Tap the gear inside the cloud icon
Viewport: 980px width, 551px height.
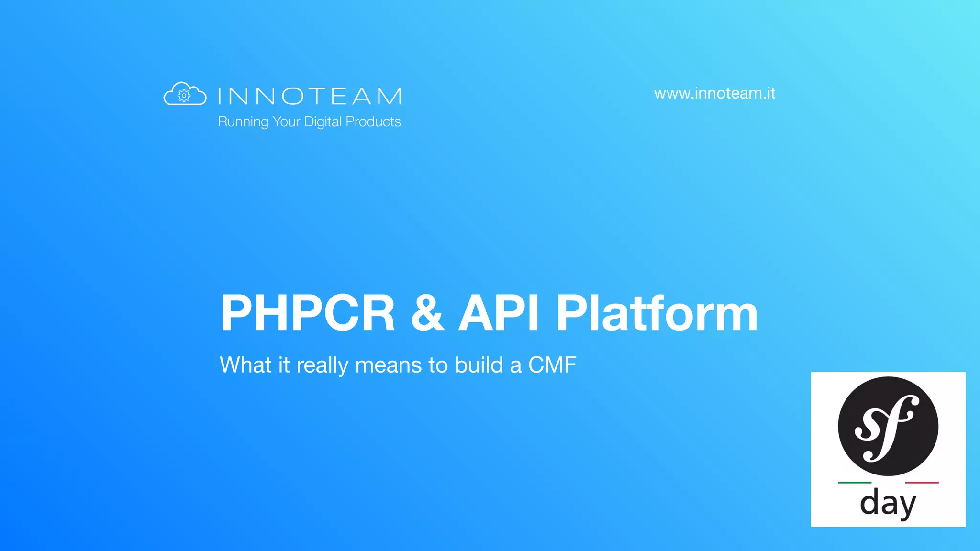tap(184, 96)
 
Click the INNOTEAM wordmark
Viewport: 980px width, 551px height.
tap(310, 96)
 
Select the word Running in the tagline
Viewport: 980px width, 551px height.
tap(243, 122)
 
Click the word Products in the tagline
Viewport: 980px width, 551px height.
tap(373, 121)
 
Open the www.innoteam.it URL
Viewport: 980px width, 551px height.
tap(714, 93)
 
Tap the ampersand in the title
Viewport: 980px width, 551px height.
tap(427, 313)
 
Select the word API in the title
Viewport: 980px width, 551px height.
tap(499, 313)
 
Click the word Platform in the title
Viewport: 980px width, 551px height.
tap(657, 313)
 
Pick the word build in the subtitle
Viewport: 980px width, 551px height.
tap(479, 365)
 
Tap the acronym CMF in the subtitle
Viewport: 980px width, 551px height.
tap(552, 365)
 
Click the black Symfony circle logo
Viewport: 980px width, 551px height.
tap(888, 426)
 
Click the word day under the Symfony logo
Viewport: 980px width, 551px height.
tap(888, 503)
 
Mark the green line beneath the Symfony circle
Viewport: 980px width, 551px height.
tap(855, 483)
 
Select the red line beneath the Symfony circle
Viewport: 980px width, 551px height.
tap(922, 483)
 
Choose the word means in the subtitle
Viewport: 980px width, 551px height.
tap(389, 366)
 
